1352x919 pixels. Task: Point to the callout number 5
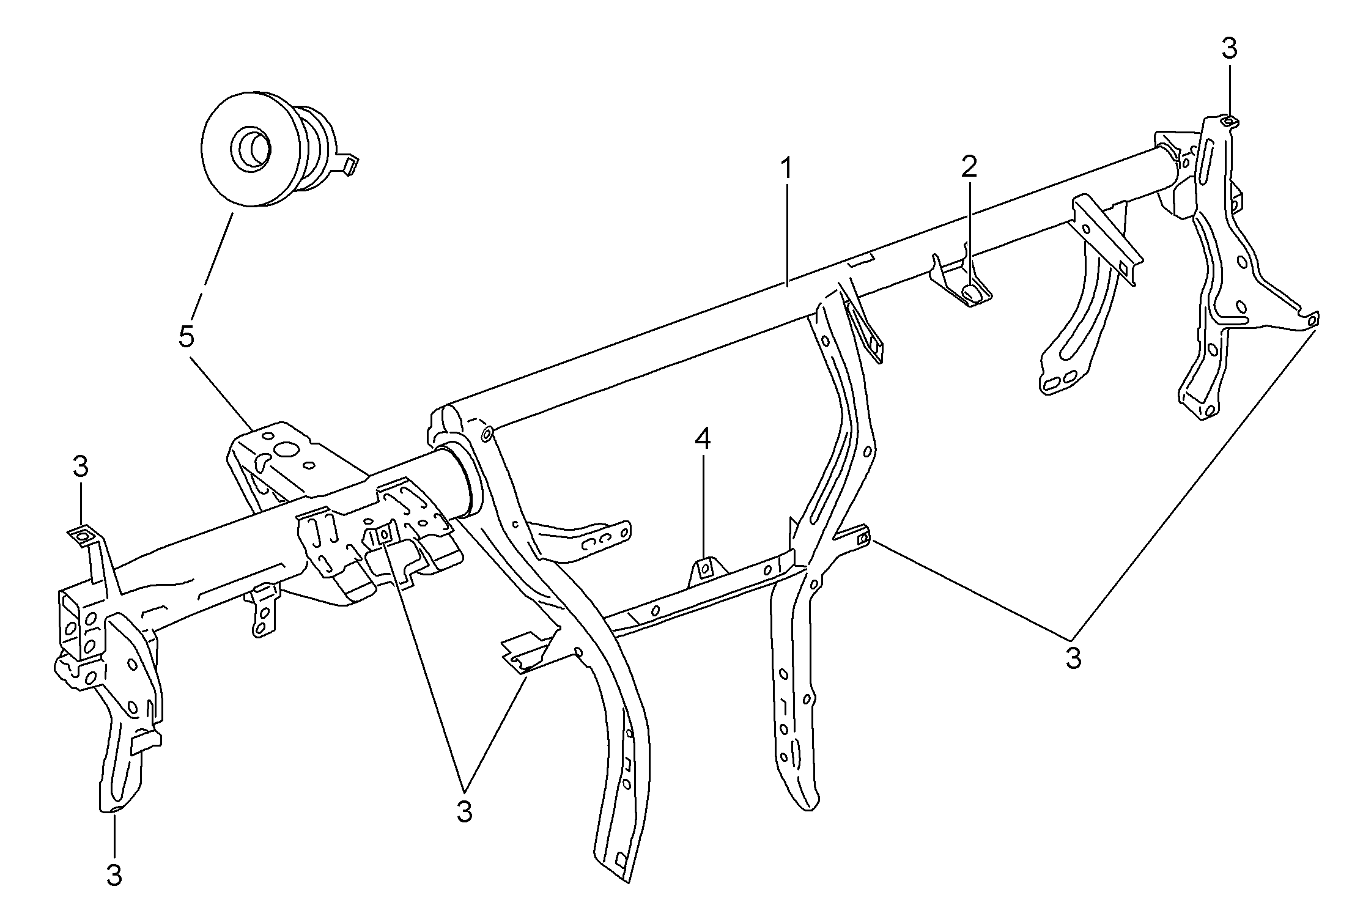(187, 337)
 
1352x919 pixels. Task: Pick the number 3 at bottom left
(114, 876)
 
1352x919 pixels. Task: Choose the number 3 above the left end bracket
(80, 467)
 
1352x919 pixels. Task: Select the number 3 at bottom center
(464, 811)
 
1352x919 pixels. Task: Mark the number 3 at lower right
(1073, 658)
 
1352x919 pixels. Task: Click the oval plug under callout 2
(972, 294)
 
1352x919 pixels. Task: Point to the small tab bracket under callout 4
(705, 570)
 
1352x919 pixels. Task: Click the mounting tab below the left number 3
(83, 536)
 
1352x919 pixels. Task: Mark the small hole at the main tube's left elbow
(487, 435)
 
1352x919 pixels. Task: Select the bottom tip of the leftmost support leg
(114, 810)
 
